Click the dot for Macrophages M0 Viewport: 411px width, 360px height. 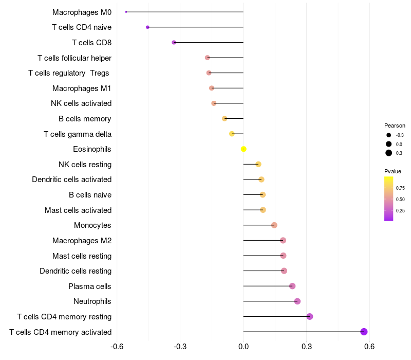(x=126, y=12)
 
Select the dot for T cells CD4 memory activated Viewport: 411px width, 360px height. (x=364, y=332)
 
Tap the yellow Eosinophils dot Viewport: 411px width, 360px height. (x=244, y=149)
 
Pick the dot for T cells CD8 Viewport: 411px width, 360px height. (x=174, y=42)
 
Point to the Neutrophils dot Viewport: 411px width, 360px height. (x=297, y=301)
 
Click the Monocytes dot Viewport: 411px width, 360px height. (x=274, y=225)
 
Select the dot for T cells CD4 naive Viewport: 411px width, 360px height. (x=147, y=27)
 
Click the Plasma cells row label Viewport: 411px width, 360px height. (x=90, y=286)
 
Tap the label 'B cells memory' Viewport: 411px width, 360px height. (x=85, y=119)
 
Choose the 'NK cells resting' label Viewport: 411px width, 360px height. (x=85, y=165)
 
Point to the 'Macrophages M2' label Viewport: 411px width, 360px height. (x=82, y=241)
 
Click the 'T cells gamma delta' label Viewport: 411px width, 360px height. (x=78, y=134)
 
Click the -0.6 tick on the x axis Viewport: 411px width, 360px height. (x=117, y=346)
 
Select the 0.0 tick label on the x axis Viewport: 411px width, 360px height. (x=244, y=346)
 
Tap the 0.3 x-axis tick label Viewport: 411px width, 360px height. (x=306, y=346)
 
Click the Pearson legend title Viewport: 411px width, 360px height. (x=395, y=125)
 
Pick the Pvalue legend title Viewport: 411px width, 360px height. (x=393, y=171)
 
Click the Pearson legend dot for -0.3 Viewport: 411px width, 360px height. (x=389, y=135)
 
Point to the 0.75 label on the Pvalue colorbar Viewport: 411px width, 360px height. (x=400, y=188)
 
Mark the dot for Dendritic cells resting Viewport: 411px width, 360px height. (x=284, y=271)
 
